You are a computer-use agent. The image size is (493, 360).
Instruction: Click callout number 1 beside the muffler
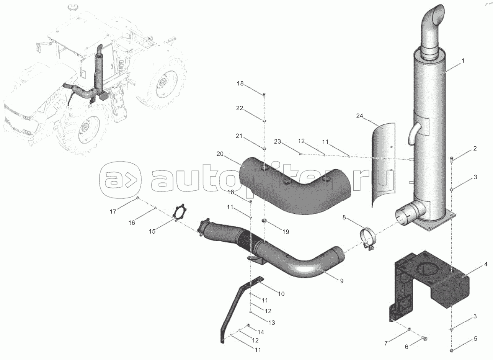463,61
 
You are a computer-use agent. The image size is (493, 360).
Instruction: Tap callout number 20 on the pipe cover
220,154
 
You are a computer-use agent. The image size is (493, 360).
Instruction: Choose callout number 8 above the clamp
344,218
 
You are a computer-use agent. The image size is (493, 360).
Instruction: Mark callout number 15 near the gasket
152,231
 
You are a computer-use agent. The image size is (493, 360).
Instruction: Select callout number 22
239,108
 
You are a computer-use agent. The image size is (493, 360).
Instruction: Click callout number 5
475,339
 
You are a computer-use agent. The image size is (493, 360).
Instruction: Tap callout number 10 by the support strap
281,294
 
